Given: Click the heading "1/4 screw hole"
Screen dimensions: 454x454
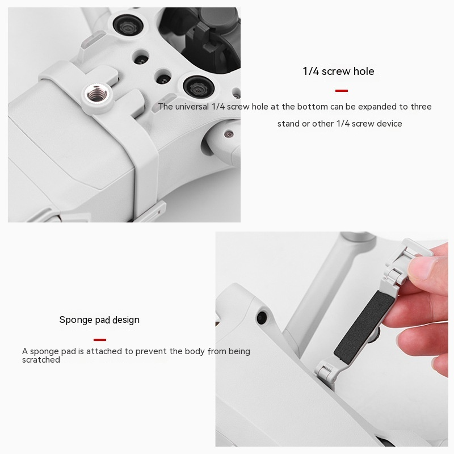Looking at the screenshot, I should [338, 72].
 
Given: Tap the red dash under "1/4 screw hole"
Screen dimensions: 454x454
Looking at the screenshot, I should [341, 91].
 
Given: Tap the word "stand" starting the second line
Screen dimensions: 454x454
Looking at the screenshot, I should [288, 124].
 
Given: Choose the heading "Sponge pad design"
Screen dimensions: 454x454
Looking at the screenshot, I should [99, 320].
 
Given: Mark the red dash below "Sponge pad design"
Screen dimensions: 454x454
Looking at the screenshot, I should [100, 340].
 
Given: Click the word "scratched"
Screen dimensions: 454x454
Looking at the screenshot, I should [41, 360].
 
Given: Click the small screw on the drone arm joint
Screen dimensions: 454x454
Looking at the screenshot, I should [228, 134].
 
